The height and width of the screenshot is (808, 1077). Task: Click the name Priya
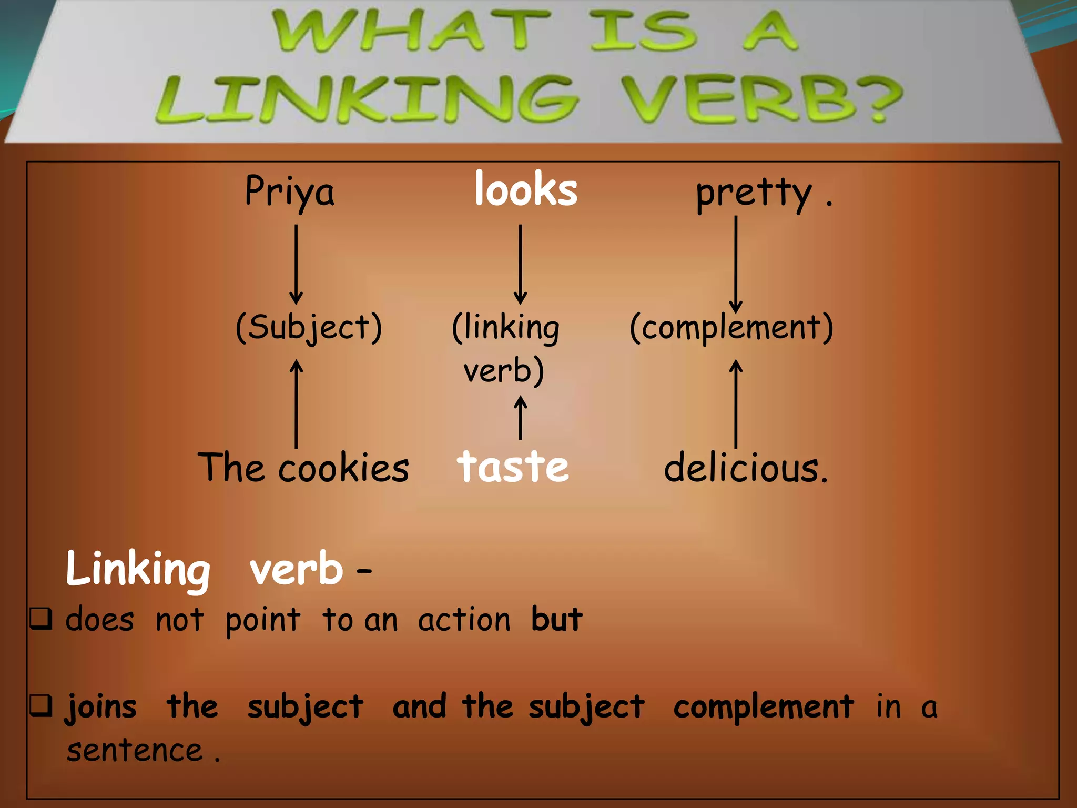pyautogui.click(x=289, y=192)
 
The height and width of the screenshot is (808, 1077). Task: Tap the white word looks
pyautogui.click(x=526, y=189)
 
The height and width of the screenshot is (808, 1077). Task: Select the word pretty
pyautogui.click(x=754, y=194)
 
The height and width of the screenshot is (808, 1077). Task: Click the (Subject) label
pyautogui.click(x=309, y=327)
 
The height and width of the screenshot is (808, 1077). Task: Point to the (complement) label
pyautogui.click(x=731, y=327)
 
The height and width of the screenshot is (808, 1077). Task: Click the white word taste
pyautogui.click(x=513, y=467)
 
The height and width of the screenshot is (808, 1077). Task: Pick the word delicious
pyautogui.click(x=745, y=468)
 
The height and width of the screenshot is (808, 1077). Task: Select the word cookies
pyautogui.click(x=343, y=468)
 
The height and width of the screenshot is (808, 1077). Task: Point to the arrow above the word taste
pyautogui.click(x=521, y=418)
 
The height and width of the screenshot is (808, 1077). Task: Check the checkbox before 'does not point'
pyautogui.click(x=41, y=619)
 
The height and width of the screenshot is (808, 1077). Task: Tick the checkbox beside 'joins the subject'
pyautogui.click(x=41, y=705)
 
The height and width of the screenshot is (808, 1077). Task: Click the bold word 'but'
pyautogui.click(x=556, y=619)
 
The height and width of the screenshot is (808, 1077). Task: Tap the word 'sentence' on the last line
pyautogui.click(x=135, y=750)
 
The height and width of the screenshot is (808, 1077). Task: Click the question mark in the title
pyautogui.click(x=884, y=100)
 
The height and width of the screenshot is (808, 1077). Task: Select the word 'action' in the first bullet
pyautogui.click(x=464, y=620)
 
